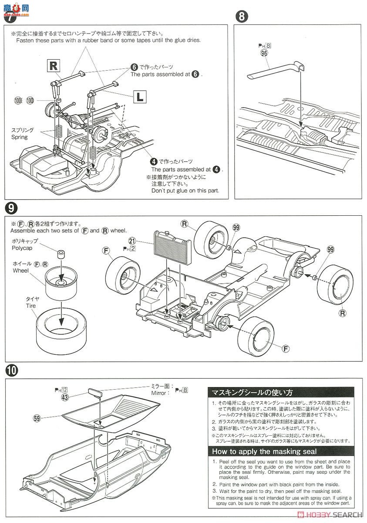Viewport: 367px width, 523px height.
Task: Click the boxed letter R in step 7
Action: [x=54, y=66]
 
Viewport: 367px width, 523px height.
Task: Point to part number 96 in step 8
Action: [x=263, y=53]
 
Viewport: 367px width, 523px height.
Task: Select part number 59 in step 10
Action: [x=37, y=418]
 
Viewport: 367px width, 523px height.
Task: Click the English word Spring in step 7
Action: [x=19, y=137]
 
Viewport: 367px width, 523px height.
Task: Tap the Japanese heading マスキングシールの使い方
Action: [x=252, y=392]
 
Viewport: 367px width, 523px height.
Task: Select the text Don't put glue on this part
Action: [x=185, y=190]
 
